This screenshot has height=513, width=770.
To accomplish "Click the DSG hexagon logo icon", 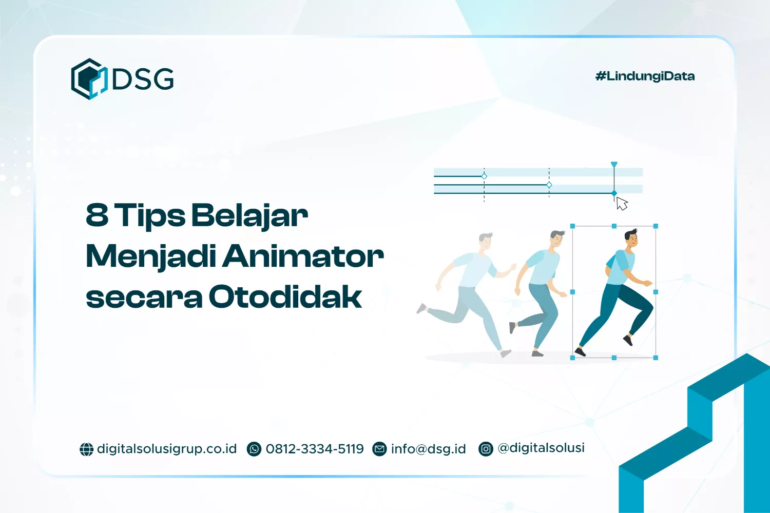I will tap(89, 79).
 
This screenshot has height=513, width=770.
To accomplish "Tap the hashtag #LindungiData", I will tap(645, 76).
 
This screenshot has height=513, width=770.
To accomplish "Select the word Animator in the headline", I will tap(303, 255).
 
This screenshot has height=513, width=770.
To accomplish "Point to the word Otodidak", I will tap(285, 297).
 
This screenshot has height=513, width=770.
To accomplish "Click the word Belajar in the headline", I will tap(250, 215).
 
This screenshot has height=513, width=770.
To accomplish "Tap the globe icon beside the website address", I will tap(86, 449).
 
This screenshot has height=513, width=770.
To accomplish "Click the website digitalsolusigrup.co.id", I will tap(167, 449).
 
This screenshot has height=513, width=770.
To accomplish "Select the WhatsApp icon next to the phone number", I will tap(254, 449).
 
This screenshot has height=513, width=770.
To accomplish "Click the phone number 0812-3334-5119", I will tap(315, 449).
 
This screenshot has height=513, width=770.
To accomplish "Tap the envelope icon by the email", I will tap(379, 449).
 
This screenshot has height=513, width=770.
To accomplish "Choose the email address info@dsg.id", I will tap(428, 449).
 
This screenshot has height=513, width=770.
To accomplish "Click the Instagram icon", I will tap(486, 449).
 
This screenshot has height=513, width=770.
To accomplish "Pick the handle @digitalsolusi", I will tap(541, 448).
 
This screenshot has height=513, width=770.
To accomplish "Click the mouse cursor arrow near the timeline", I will tap(621, 203).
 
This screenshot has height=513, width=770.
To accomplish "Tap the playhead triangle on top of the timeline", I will tap(614, 165).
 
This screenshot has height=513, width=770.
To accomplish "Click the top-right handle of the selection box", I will tap(656, 226).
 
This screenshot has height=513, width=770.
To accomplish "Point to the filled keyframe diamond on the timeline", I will tap(614, 193).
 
